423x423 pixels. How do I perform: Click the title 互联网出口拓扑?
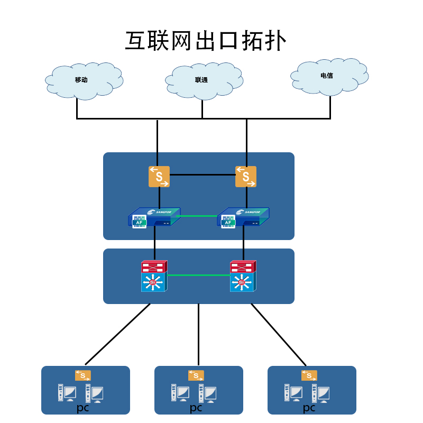point(206,41)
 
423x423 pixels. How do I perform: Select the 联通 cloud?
point(204,80)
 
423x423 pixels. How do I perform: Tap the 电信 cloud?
point(329,76)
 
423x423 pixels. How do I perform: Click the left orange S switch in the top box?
point(159,177)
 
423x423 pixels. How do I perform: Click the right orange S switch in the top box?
point(246,177)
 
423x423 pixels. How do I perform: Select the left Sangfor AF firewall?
point(154,217)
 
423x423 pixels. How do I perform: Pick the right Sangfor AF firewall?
point(243,217)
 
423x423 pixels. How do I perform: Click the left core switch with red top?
point(154,276)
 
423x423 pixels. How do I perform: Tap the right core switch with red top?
point(243,276)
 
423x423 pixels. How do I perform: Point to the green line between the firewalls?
point(199,216)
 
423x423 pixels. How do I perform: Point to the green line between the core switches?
point(199,275)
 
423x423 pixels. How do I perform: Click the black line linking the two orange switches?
point(202,174)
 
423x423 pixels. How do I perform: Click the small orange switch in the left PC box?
point(83,375)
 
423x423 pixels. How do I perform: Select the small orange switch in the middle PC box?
point(196,375)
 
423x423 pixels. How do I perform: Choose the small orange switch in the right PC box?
point(309,375)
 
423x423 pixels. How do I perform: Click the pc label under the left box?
point(83,408)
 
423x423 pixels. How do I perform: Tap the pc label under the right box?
point(309,408)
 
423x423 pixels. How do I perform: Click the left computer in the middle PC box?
point(181,392)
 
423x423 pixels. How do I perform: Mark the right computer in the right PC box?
point(322,392)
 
